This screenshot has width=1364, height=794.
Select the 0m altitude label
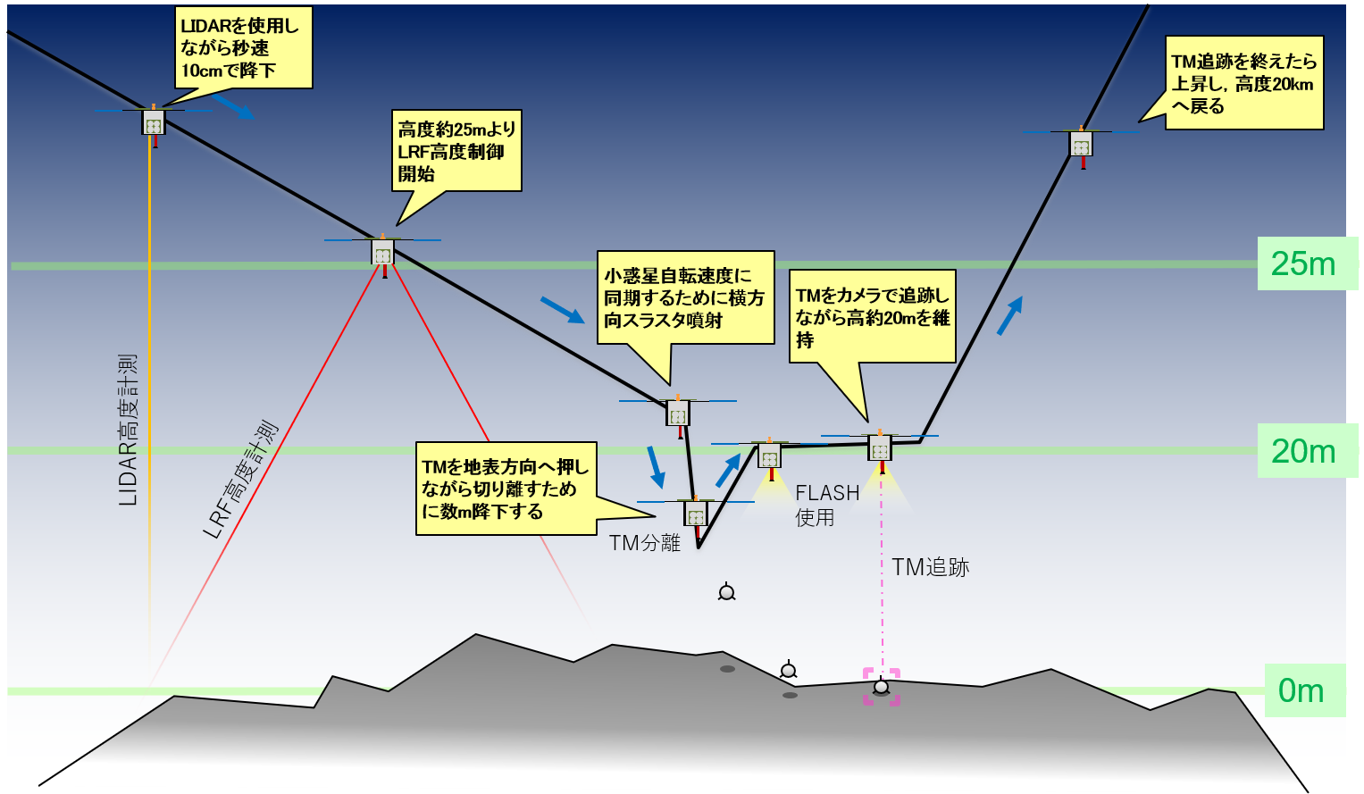[1301, 690]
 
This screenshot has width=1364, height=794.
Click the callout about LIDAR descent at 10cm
[243, 49]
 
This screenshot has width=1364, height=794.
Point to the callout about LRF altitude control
[456, 151]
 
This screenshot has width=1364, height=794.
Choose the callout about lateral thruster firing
[685, 297]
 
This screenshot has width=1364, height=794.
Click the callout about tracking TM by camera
[872, 316]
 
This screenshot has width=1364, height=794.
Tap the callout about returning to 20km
[1243, 83]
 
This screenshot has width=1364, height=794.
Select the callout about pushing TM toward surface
[506, 489]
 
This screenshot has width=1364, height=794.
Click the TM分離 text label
[645, 543]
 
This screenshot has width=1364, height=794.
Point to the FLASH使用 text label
[826, 505]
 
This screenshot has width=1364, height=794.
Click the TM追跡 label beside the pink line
[930, 567]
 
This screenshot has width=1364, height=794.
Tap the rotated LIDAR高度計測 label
[129, 430]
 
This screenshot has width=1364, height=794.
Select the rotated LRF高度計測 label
[240, 481]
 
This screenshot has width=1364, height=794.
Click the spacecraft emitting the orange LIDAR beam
[154, 122]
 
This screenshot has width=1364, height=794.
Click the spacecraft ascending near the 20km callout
[1082, 144]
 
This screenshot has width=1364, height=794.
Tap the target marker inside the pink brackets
[881, 687]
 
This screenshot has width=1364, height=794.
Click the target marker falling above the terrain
[727, 591]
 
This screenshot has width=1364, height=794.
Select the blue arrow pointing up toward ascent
[1009, 315]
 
